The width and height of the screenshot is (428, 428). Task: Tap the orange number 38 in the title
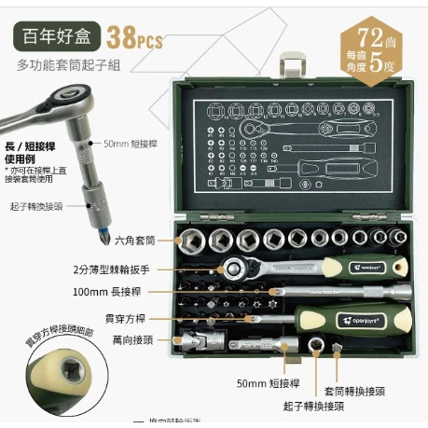[122, 38]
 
